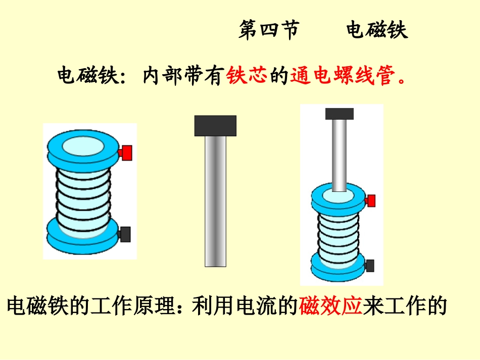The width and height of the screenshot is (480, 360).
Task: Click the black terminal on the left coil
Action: (x=125, y=234)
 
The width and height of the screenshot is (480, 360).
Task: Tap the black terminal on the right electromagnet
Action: (x=370, y=265)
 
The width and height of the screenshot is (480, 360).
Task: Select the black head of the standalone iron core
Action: (x=215, y=126)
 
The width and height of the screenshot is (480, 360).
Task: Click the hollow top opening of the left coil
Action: (x=83, y=147)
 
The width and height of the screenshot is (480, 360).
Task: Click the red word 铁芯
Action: (x=247, y=77)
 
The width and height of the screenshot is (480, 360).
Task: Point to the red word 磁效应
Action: (x=331, y=306)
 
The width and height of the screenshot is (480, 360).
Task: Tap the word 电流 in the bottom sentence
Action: (x=255, y=306)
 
